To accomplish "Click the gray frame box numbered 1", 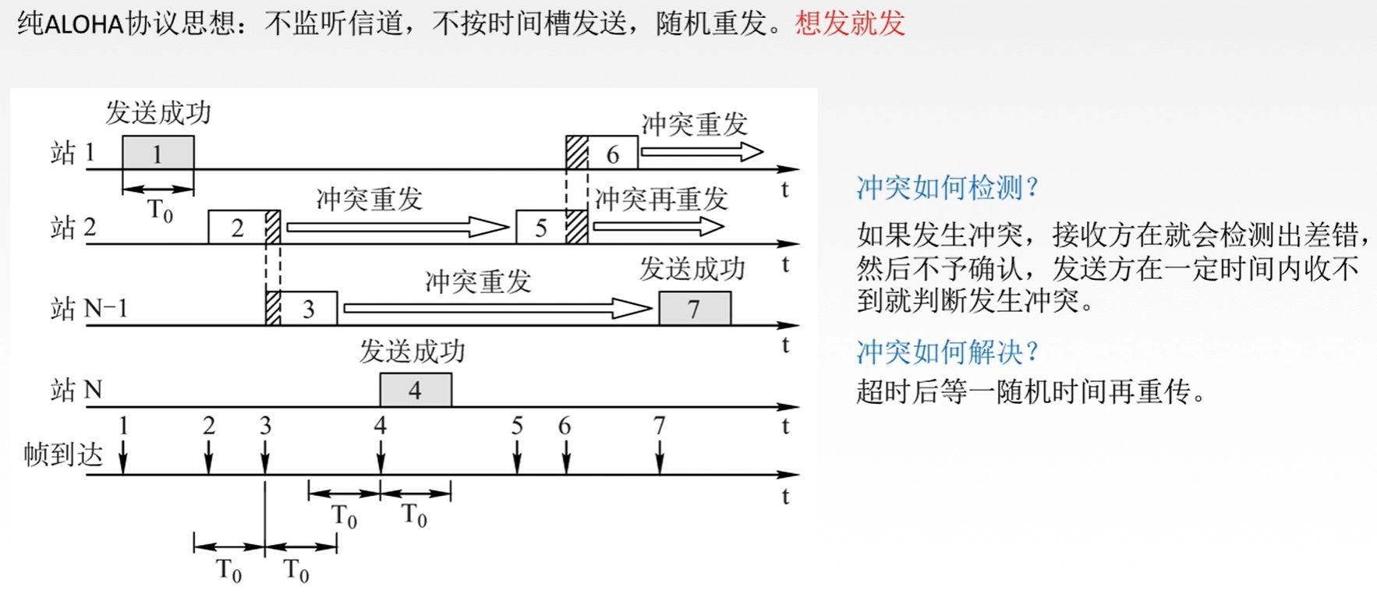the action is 158,153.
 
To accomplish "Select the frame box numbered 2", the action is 238,228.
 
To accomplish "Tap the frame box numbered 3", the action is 309,309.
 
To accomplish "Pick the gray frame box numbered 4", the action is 416,390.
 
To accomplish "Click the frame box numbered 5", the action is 541,228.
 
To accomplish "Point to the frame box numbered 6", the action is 612,154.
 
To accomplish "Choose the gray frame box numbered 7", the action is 695,309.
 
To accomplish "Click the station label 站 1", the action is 73,153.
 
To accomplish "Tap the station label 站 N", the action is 76,390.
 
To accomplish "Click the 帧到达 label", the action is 63,455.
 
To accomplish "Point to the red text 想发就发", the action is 850,23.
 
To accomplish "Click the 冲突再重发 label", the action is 660,200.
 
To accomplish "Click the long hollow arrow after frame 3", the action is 497,309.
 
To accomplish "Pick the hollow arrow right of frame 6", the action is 701,152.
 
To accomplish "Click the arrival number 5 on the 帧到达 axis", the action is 517,426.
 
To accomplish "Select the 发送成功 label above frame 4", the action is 412,352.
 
